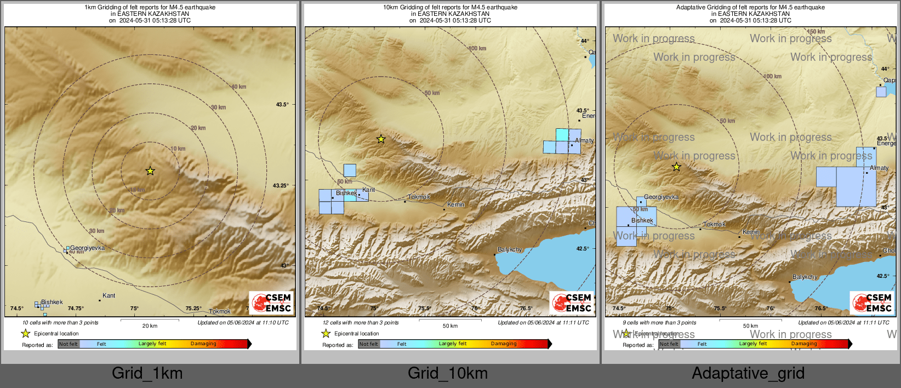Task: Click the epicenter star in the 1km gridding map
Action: (150, 171)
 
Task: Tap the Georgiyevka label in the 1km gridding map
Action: (87, 248)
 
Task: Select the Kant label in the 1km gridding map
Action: (109, 295)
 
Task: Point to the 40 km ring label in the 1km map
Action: (238, 87)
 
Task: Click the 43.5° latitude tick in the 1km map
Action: (282, 104)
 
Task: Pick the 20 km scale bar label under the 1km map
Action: (150, 326)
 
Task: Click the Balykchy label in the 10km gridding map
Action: (510, 249)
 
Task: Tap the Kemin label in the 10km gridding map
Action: (456, 204)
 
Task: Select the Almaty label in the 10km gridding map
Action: (584, 140)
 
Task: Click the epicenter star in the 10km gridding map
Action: (381, 139)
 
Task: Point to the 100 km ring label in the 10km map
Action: (477, 48)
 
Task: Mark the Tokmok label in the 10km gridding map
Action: (419, 197)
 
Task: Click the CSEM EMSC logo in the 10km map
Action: (572, 303)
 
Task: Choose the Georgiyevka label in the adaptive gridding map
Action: (661, 197)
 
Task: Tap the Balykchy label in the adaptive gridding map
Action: (805, 277)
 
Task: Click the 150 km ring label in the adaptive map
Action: (816, 32)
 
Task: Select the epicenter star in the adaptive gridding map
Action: (676, 167)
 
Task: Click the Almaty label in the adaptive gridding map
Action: (879, 168)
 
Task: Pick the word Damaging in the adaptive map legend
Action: (804, 344)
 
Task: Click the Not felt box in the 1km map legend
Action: (69, 344)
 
